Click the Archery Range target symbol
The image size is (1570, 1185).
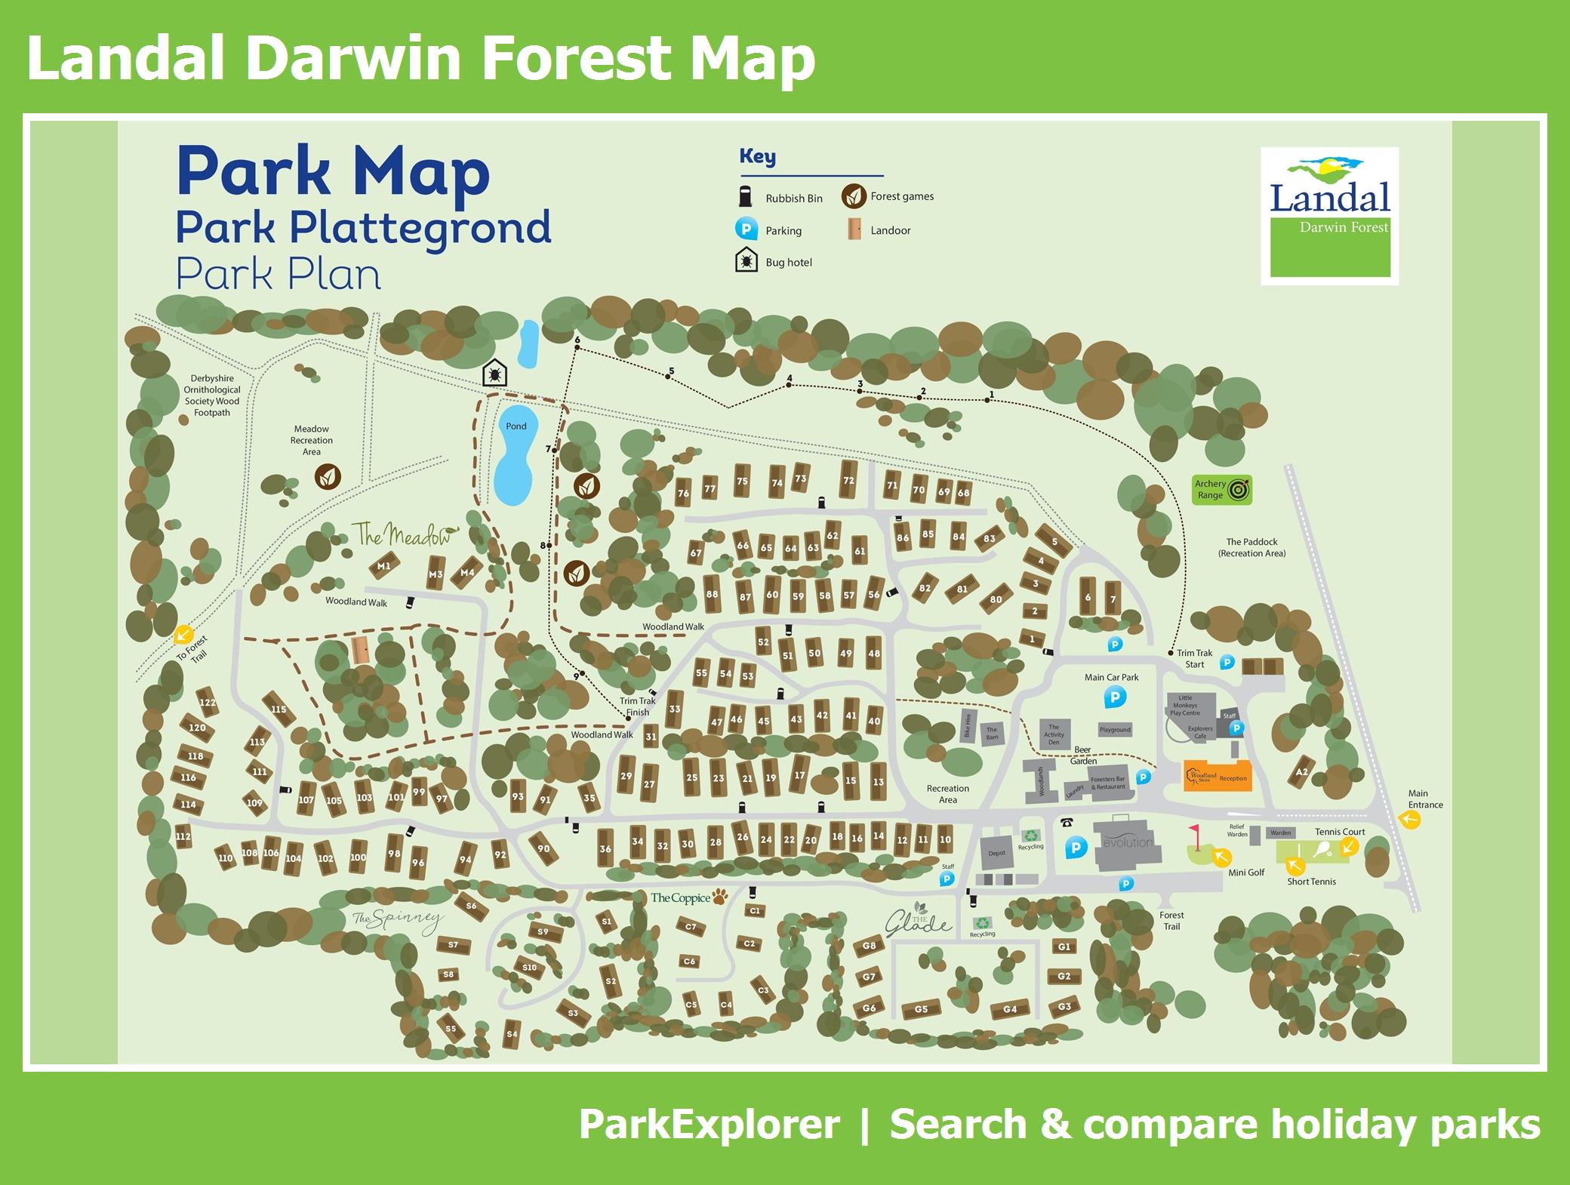point(1239,491)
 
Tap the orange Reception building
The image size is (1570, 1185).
point(1218,776)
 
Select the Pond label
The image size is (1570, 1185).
point(516,426)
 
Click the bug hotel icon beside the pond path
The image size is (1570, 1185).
point(495,373)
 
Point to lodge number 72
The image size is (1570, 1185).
point(848,480)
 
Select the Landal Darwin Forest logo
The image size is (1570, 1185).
point(1329,216)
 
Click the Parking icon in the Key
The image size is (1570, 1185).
point(746,229)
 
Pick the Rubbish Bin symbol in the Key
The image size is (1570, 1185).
point(746,196)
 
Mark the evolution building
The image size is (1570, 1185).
point(1128,842)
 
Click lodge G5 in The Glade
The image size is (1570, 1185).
point(921,1009)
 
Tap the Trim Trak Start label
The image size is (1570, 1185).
point(1194,659)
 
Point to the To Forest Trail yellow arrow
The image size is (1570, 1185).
point(183,635)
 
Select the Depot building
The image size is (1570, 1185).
point(997,853)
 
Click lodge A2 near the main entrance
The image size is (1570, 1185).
point(1301,772)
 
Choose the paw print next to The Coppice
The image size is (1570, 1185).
point(722,897)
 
